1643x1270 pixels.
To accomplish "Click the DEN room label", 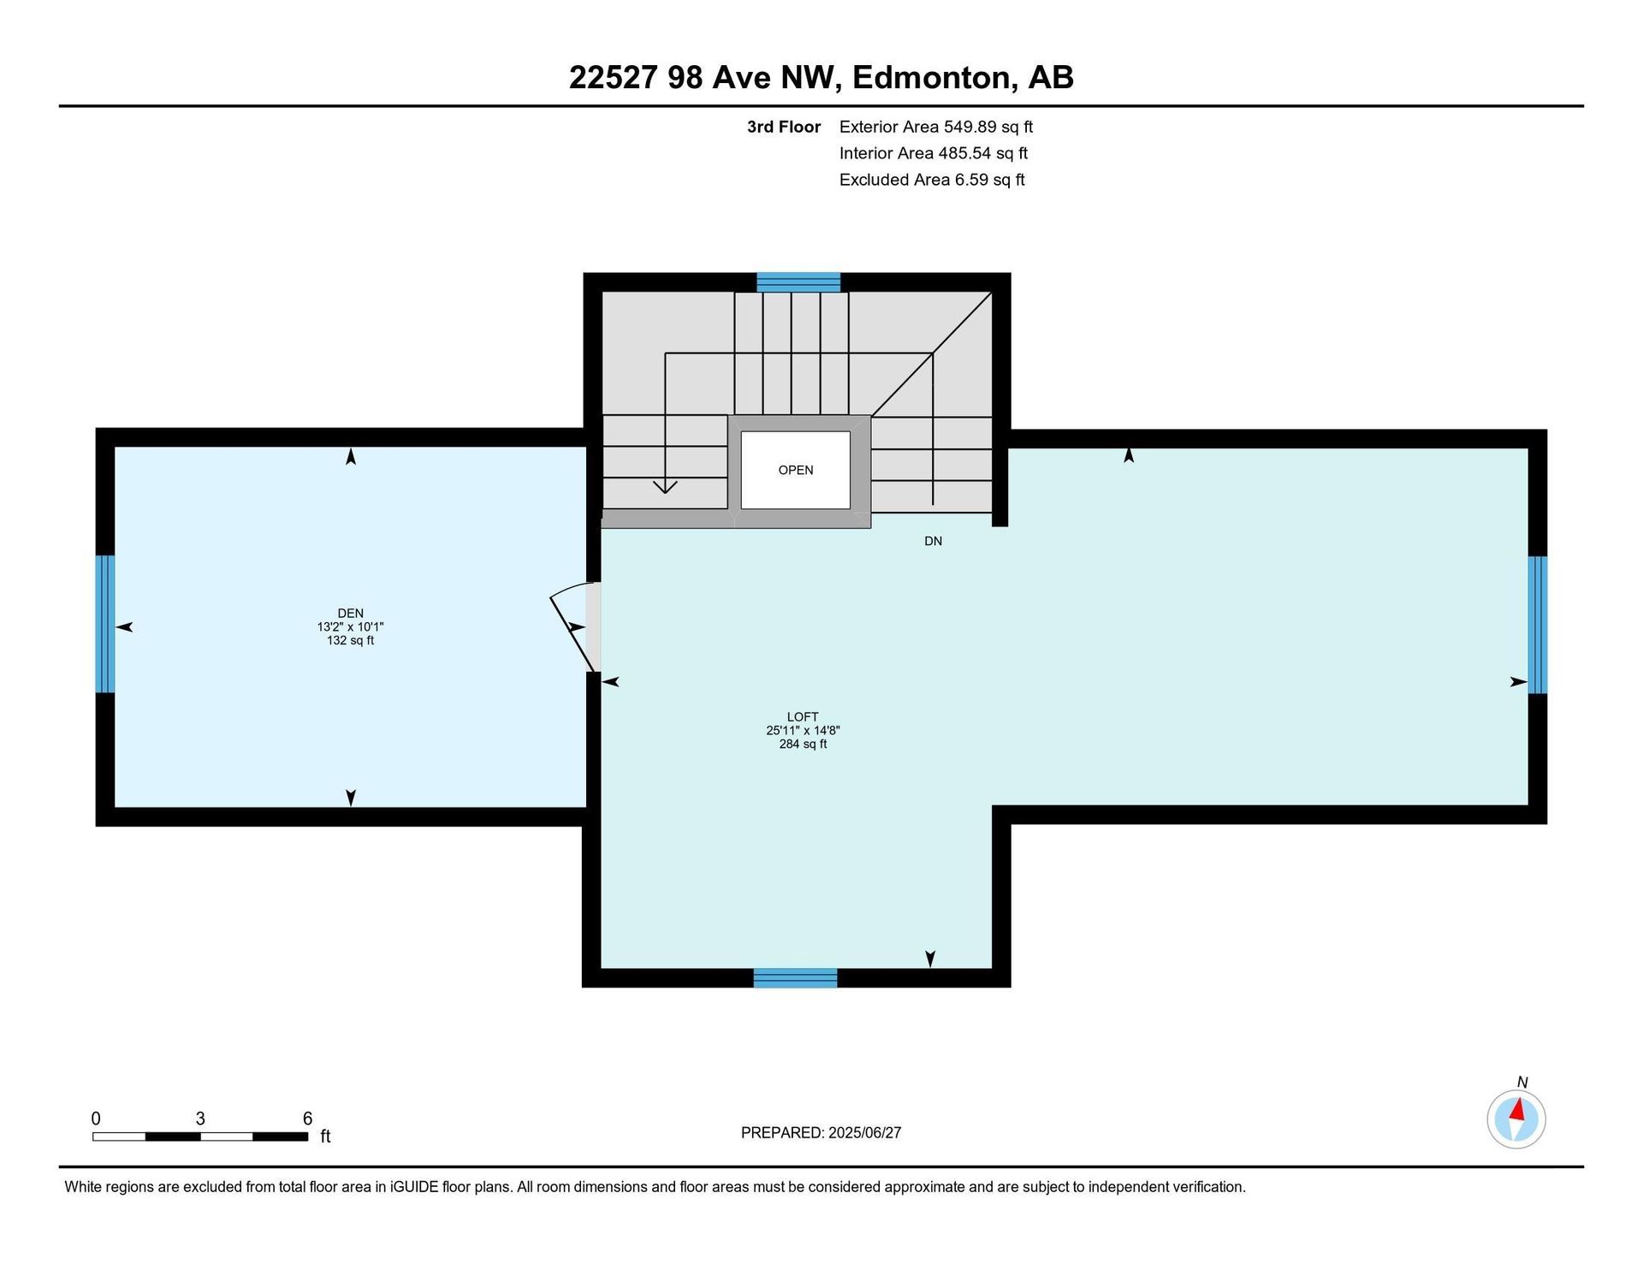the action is click(350, 613).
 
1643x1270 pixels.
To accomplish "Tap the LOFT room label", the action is click(803, 716).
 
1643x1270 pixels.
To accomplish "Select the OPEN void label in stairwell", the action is click(796, 470).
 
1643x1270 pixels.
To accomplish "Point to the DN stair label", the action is click(933, 541).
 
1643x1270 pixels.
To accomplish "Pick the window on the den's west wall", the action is click(104, 624).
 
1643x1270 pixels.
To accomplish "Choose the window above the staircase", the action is click(798, 282).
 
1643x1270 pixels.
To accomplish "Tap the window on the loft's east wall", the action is click(1538, 625).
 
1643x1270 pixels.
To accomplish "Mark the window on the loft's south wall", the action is click(795, 978).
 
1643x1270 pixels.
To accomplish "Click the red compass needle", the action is click(1518, 1110).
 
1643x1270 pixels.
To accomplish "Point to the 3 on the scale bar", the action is click(200, 1119).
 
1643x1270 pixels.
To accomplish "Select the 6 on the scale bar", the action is click(307, 1119).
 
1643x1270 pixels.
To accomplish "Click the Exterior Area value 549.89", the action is click(970, 127).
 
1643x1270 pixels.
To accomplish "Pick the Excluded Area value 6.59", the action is click(971, 180).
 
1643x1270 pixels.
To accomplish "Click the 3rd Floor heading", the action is click(784, 127).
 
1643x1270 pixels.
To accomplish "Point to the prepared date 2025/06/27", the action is click(865, 1132).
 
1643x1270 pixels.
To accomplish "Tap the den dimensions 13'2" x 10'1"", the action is click(350, 626).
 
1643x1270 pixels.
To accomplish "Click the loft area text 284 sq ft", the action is click(803, 744).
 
